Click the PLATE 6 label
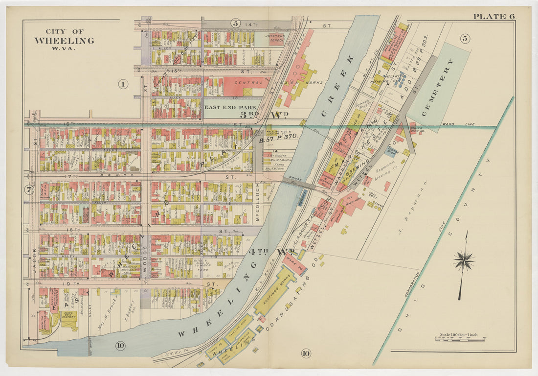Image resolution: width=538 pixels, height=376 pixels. pos(493,16)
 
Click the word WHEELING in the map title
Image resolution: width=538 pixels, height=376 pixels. pos(64,41)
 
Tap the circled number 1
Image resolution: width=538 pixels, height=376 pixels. pos(122,84)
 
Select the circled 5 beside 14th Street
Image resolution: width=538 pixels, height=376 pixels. pos(235,23)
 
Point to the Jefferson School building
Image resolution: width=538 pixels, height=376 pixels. pos(274,39)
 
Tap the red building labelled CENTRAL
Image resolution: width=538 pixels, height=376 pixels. pos(245,83)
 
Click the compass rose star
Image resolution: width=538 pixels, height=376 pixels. pos(464,260)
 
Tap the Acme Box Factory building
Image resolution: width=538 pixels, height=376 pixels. pos(68,317)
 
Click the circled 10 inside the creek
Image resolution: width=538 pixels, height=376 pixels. pos(120,346)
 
